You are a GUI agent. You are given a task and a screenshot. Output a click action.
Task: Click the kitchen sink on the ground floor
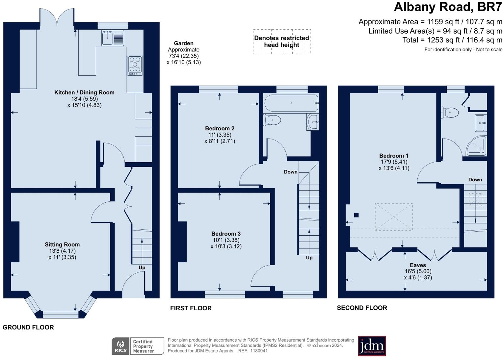(x=108, y=38)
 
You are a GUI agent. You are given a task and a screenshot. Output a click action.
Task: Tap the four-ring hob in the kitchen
(x=135, y=64)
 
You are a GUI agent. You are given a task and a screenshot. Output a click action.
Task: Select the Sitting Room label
(x=62, y=244)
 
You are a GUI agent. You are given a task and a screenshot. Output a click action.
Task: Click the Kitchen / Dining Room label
(x=84, y=92)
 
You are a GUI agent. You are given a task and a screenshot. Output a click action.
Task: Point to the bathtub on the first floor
(x=291, y=103)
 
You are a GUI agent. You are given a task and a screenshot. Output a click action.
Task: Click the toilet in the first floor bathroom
(x=273, y=120)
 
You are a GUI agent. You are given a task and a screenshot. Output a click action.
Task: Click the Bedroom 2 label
(x=220, y=128)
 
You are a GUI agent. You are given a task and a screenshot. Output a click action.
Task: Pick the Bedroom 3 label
(x=226, y=234)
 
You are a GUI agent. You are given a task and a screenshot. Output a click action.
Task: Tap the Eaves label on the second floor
(x=418, y=265)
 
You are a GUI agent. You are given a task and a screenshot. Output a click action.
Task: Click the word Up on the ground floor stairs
(x=142, y=268)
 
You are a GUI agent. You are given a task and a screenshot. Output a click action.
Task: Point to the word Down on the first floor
(x=291, y=172)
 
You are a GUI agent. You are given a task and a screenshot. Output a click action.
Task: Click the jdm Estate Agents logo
(x=372, y=346)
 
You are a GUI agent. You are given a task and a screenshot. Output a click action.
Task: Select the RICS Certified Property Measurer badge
(x=138, y=346)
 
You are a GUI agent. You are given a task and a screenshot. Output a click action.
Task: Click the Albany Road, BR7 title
(x=448, y=7)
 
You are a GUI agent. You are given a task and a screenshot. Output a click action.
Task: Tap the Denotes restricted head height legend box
(x=282, y=41)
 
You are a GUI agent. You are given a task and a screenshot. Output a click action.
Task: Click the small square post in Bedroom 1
(x=356, y=215)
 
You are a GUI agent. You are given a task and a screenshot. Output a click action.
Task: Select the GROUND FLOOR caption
(x=28, y=327)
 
